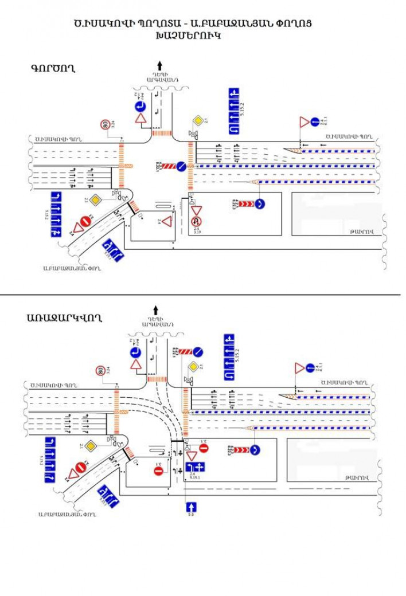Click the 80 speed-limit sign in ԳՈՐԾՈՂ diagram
pos(105,124)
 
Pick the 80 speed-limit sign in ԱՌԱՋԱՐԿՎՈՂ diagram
pos(101,371)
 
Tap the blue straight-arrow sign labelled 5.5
pos(191,507)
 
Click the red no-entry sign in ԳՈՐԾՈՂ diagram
pos(85,219)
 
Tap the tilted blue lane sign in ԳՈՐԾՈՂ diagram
pos(113,250)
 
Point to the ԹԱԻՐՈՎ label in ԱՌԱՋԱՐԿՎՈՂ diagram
pos(358,477)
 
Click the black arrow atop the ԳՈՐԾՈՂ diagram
pos(160,65)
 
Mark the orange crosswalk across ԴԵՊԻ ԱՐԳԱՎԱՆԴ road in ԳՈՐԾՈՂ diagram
pos(162,133)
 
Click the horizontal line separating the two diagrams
pos(201,295)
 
